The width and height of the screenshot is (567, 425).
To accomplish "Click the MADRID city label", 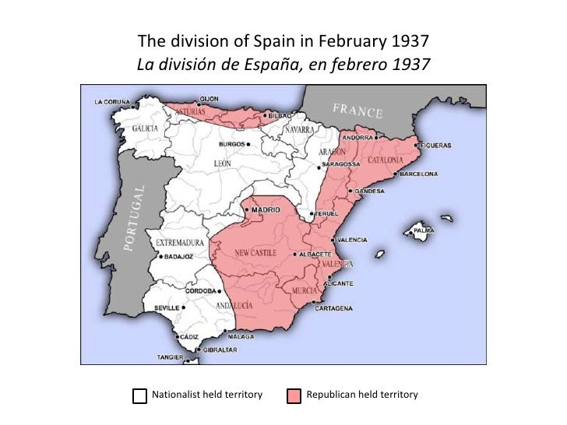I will [x=266, y=210].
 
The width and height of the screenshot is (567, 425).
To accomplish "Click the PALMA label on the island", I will [x=424, y=230].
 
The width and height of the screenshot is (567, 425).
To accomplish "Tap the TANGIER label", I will [x=169, y=357].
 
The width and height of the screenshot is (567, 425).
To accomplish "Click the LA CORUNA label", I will [x=112, y=101].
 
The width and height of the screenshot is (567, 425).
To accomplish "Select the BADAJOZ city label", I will [x=175, y=254].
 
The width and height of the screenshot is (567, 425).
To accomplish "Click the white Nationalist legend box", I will [x=139, y=396].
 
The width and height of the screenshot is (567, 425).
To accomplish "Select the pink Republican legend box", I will [x=294, y=396].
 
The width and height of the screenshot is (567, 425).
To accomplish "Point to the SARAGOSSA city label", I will [x=342, y=165].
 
